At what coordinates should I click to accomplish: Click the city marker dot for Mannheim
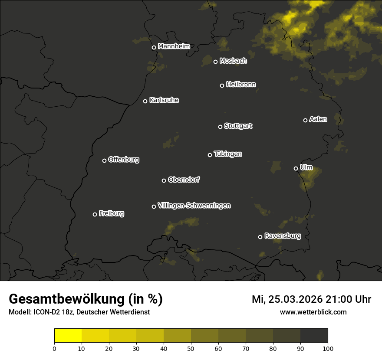pyautogui.click(x=154, y=48)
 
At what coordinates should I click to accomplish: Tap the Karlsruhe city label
pyautogui.click(x=164, y=100)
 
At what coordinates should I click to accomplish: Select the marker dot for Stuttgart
pyautogui.click(x=220, y=127)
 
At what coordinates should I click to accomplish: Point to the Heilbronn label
pyautogui.click(x=241, y=85)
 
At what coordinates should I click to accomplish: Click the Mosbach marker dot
pyautogui.click(x=215, y=62)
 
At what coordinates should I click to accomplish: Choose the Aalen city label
pyautogui.click(x=318, y=119)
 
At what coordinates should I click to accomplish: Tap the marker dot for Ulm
pyautogui.click(x=296, y=168)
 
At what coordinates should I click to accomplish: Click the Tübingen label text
pyautogui.click(x=228, y=154)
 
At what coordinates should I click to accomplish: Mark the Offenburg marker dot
pyautogui.click(x=104, y=160)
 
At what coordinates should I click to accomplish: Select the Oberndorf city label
pyautogui.click(x=184, y=180)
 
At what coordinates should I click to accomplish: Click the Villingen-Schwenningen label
pyautogui.click(x=194, y=206)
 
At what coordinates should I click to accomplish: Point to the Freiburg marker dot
pyautogui.click(x=95, y=214)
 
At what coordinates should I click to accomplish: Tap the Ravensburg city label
pyautogui.click(x=283, y=236)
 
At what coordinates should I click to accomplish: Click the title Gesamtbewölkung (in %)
pyautogui.click(x=86, y=299)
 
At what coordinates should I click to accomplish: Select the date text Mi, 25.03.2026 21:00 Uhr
pyautogui.click(x=311, y=299)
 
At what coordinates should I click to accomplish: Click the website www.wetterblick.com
pyautogui.click(x=313, y=312)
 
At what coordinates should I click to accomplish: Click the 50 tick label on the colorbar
pyautogui.click(x=191, y=348)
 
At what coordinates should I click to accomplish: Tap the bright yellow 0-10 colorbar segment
pyautogui.click(x=68, y=336)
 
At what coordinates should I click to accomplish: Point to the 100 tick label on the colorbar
pyautogui.click(x=328, y=348)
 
